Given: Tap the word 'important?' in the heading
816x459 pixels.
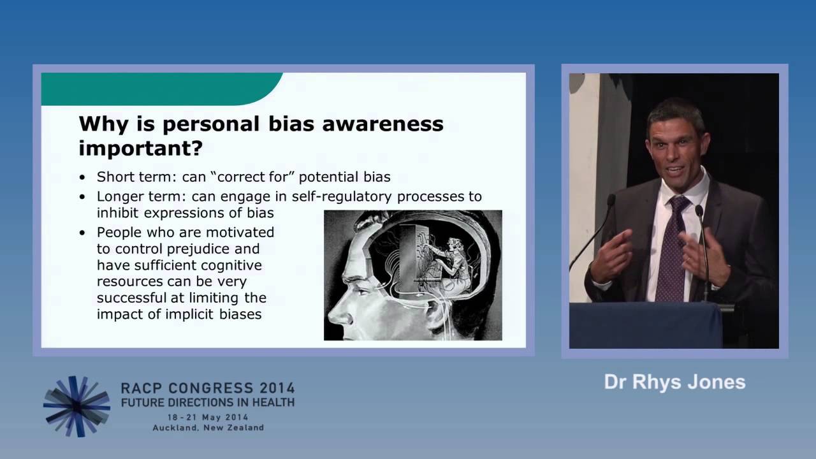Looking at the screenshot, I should (140, 149).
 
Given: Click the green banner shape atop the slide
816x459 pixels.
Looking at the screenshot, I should (159, 88).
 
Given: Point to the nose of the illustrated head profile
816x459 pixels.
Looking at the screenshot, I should (335, 310).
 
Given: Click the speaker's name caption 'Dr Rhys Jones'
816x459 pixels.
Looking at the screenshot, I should (674, 382).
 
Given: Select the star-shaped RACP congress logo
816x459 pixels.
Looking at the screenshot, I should (76, 407).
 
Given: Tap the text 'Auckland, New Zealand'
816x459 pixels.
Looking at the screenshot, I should (208, 428).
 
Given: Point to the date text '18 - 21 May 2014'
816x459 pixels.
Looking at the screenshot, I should (208, 417).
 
